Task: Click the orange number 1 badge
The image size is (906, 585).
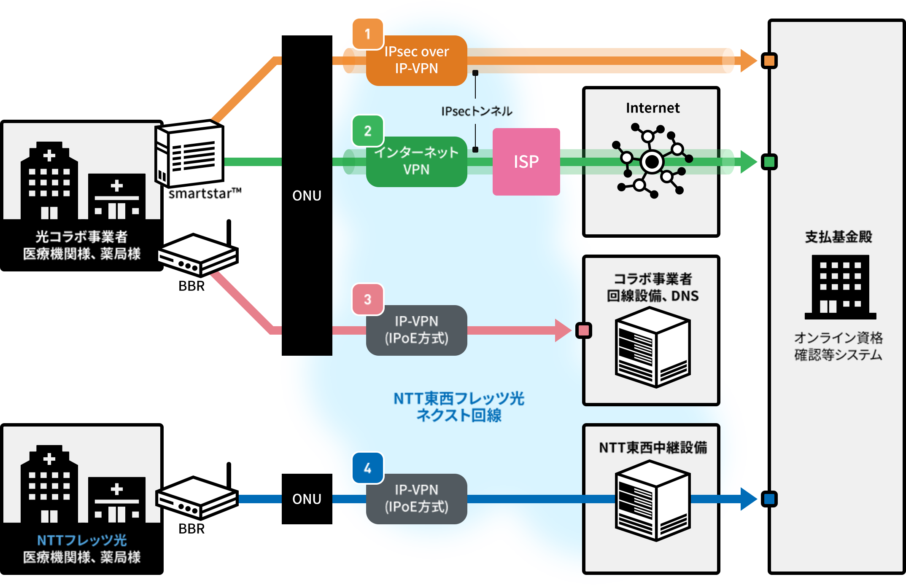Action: [367, 34]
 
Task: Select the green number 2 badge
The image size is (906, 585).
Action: [367, 131]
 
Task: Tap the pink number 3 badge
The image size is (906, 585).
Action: [367, 299]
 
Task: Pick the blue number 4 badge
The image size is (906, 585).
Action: [367, 468]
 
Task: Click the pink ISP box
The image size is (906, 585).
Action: [526, 161]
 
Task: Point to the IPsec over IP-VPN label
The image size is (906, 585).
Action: [416, 60]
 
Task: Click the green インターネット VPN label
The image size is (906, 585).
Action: [416, 161]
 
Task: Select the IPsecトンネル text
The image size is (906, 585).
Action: [477, 111]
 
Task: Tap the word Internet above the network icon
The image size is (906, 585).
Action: [653, 108]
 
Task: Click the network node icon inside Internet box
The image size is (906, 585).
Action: [652, 161]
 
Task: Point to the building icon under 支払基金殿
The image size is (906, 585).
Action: [840, 287]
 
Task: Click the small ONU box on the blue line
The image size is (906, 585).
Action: [307, 499]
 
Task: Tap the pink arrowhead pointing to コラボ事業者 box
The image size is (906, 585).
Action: [563, 330]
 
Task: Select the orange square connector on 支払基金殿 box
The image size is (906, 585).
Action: [769, 61]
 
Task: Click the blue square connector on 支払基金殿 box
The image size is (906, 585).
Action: [769, 499]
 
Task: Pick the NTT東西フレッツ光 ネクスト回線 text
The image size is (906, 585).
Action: [459, 407]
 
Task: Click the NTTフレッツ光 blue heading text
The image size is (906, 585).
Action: [82, 540]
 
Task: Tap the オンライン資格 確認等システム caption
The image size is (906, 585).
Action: [838, 346]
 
